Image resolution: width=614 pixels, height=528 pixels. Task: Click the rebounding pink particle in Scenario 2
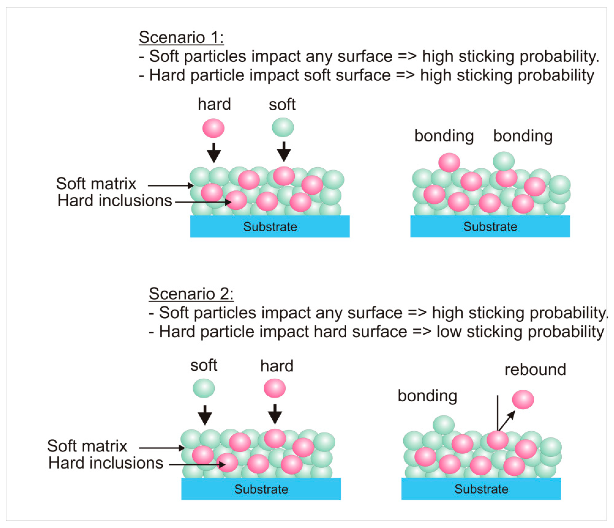click(x=523, y=400)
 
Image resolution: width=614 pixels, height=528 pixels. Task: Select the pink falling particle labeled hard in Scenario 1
click(x=213, y=128)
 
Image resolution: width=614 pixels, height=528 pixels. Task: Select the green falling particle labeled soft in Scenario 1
click(x=283, y=127)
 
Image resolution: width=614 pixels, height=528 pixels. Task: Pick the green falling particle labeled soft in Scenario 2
click(x=203, y=388)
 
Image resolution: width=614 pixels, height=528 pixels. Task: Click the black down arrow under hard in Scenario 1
click(x=214, y=153)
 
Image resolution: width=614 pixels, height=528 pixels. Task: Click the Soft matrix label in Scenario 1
click(x=96, y=184)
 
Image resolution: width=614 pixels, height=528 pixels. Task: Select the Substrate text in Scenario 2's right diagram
click(x=481, y=489)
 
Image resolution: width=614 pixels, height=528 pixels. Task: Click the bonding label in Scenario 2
click(x=427, y=396)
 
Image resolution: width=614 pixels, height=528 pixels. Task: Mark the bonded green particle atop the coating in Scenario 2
click(x=444, y=425)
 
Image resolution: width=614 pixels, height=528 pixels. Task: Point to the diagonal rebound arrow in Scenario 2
click(x=507, y=421)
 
